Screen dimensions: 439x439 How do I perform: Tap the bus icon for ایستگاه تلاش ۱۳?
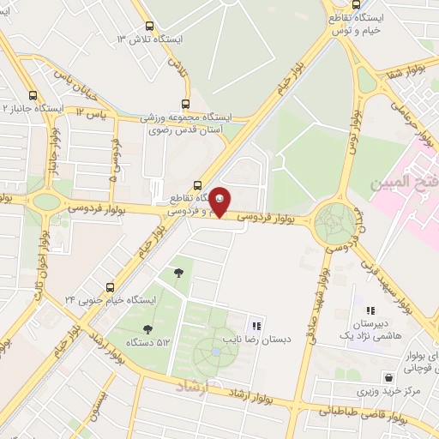[x=151, y=27]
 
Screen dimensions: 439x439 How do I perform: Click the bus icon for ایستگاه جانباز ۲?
[x=33, y=97]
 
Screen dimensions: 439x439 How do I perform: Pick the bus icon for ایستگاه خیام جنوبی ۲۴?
[x=110, y=286]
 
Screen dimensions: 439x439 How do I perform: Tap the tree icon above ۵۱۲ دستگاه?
[x=148, y=328]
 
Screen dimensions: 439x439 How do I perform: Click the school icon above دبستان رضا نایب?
[x=256, y=325]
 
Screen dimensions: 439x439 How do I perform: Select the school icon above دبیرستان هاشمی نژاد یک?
[x=370, y=311]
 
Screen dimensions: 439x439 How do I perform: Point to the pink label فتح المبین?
[x=403, y=183]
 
